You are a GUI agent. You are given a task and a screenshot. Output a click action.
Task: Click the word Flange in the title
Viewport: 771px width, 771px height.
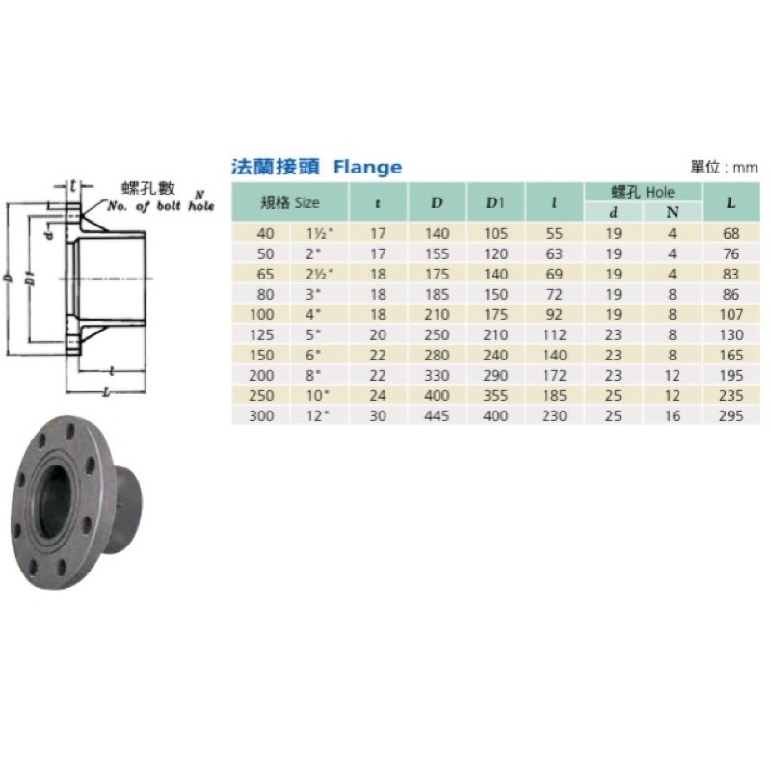pyautogui.click(x=367, y=167)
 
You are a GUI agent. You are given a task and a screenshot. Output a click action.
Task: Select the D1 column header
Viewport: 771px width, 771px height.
pyautogui.click(x=495, y=202)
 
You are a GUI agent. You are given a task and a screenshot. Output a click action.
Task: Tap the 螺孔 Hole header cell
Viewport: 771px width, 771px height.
pyautogui.click(x=643, y=192)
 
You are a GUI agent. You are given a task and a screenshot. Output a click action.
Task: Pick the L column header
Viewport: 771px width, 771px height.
pyautogui.click(x=731, y=202)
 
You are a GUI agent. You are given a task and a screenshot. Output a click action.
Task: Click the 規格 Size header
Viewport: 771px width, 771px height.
pyautogui.click(x=290, y=202)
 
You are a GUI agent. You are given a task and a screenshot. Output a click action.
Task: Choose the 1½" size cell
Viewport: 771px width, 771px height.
pyautogui.click(x=320, y=233)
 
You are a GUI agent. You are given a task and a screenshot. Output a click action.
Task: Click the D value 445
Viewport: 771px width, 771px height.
pyautogui.click(x=437, y=416)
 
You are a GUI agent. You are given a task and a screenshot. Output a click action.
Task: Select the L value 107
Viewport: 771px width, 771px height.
pyautogui.click(x=731, y=315)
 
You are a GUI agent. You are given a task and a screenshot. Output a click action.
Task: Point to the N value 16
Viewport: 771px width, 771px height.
pyautogui.click(x=672, y=416)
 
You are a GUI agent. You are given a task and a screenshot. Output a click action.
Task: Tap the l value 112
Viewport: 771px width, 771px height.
pyautogui.click(x=554, y=334)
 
